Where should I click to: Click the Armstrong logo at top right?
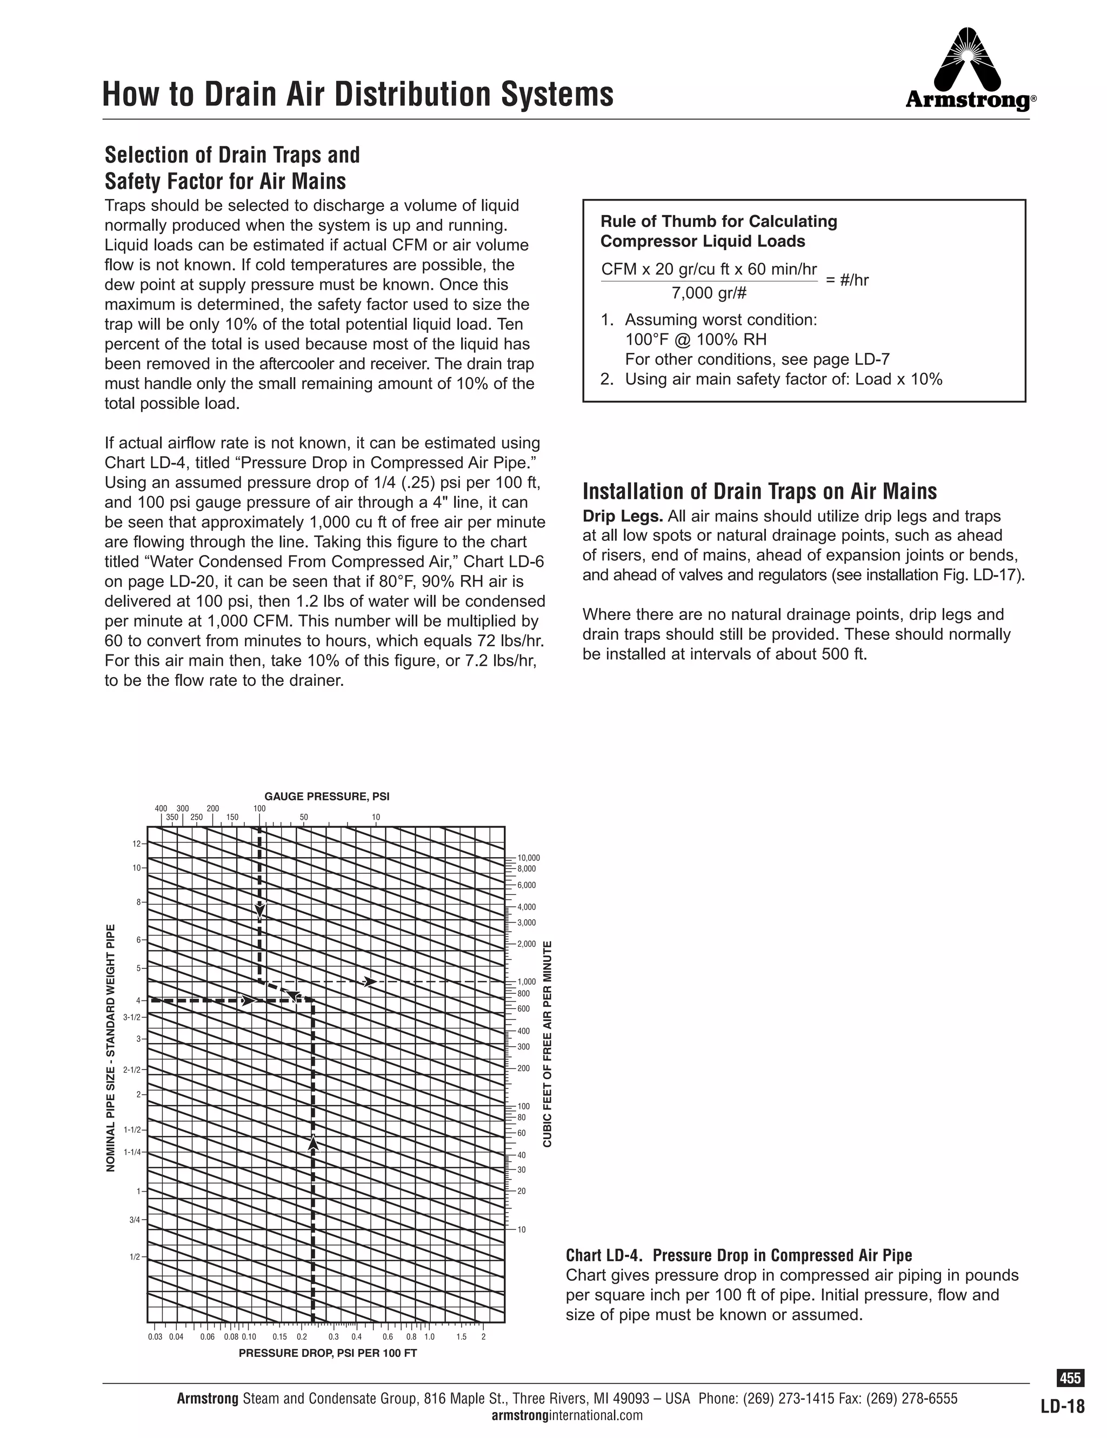click(969, 69)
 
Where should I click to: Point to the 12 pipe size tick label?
click(136, 844)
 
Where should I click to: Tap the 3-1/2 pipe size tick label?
click(132, 1016)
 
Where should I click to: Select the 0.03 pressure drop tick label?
click(155, 1336)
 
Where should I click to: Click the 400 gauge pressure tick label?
click(161, 808)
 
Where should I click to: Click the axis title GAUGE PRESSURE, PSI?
click(326, 796)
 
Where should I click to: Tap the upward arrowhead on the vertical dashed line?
click(314, 1143)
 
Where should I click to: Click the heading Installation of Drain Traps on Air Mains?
click(759, 491)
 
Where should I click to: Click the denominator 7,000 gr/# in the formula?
click(709, 293)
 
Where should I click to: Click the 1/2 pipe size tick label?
click(135, 1257)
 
